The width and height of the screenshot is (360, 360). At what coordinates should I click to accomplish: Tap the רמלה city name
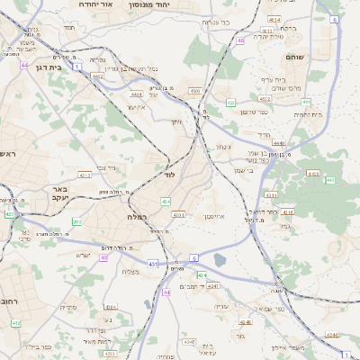[x=125, y=218]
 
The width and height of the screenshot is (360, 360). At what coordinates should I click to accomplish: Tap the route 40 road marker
[x=104, y=257]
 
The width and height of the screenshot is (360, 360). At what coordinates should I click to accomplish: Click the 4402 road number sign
[x=96, y=76]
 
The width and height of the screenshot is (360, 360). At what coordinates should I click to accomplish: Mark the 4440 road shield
[x=279, y=142]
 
